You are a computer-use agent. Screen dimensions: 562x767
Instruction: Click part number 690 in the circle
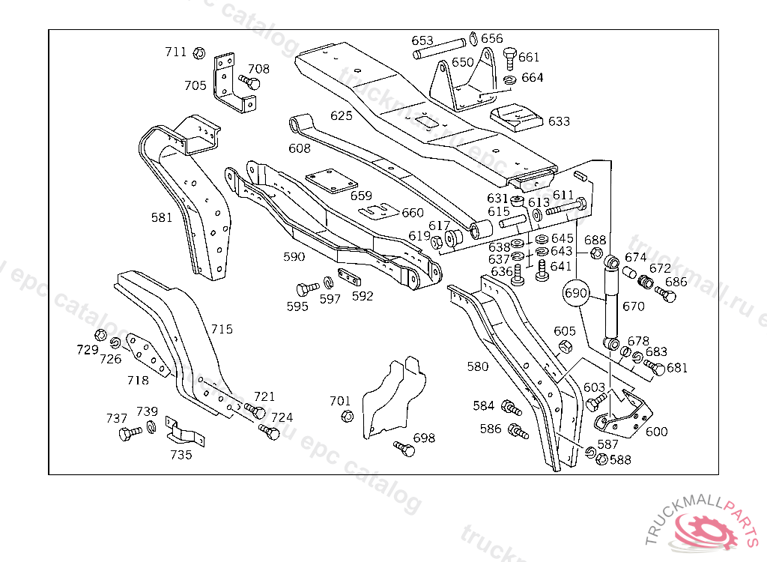(576, 293)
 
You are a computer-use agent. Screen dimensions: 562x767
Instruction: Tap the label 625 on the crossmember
(341, 115)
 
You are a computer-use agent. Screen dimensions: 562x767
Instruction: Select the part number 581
(161, 218)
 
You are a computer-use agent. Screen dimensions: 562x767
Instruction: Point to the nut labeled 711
(199, 53)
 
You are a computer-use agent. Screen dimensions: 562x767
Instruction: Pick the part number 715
(221, 329)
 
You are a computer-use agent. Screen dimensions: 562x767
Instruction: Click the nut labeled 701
(347, 416)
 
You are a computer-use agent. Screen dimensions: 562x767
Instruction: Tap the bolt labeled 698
(403, 448)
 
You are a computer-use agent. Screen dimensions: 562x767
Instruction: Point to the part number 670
(633, 306)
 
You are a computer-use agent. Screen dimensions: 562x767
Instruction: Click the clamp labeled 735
(183, 433)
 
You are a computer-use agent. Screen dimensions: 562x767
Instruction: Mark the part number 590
(294, 256)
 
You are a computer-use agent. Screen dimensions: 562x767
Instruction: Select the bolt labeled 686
(666, 294)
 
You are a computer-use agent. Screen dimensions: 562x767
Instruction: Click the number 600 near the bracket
(656, 432)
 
